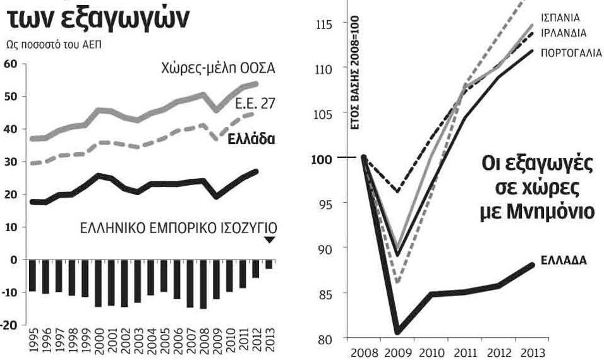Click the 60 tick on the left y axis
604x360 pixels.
(x=12, y=64)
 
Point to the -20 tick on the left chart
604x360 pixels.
(x=10, y=324)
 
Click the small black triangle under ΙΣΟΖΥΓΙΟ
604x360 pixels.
(x=269, y=239)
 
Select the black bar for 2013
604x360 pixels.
(x=270, y=265)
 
